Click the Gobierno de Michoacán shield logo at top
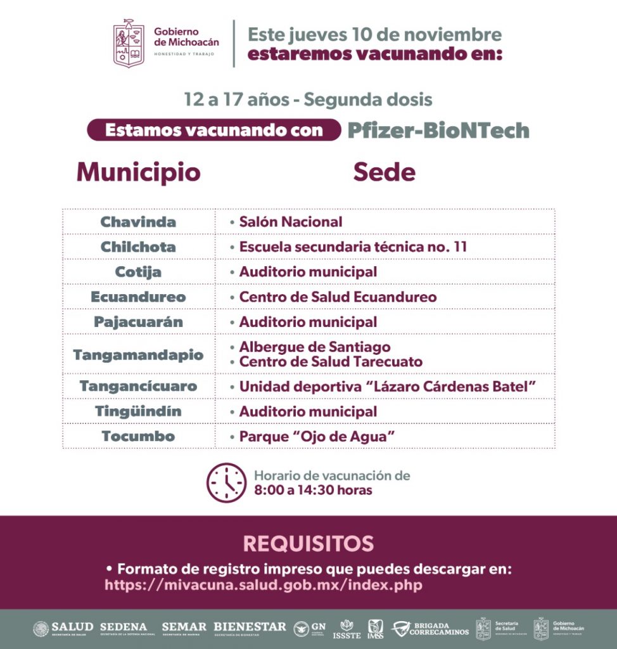[129, 43]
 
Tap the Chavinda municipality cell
[138, 222]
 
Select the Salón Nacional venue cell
[290, 222]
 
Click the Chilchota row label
[138, 247]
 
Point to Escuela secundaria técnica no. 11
[353, 247]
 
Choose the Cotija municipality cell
[138, 272]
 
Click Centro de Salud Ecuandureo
[338, 297]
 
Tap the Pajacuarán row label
[138, 322]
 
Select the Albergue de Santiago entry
[314, 347]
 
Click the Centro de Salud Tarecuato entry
[330, 362]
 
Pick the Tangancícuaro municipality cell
[138, 386]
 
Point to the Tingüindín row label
[138, 411]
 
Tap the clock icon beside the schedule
[226, 483]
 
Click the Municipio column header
[138, 172]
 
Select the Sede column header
[384, 172]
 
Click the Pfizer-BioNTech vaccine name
[438, 130]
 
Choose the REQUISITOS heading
[308, 543]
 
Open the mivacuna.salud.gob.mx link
[263, 585]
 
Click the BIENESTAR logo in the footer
[250, 627]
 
